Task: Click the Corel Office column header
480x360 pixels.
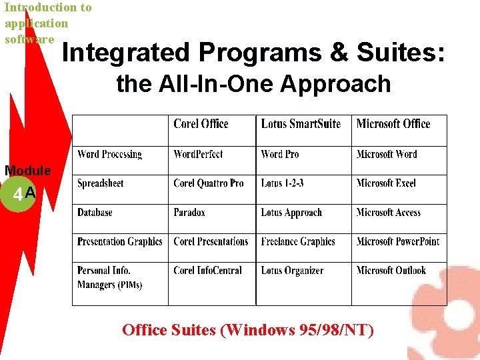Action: (201, 124)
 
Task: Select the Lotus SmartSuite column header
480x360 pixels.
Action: (301, 124)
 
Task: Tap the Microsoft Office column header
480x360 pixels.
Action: (393, 124)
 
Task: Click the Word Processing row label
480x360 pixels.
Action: (109, 155)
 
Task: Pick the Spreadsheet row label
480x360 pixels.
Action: (101, 183)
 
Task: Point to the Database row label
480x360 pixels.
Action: (95, 213)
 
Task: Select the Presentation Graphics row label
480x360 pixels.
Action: (120, 241)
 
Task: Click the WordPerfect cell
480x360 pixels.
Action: (198, 155)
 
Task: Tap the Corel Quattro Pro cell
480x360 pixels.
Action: (209, 183)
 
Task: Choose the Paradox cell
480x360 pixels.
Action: (189, 213)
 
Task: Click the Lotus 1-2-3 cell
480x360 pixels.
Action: (283, 183)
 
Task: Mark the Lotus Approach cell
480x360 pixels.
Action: (291, 213)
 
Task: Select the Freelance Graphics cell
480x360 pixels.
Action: (298, 241)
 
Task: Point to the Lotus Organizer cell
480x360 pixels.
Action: (292, 271)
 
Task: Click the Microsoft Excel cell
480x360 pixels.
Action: (386, 183)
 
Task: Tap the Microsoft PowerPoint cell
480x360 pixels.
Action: (398, 241)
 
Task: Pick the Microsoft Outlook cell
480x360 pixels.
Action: (391, 271)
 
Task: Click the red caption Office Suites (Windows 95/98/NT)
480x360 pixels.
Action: (248, 330)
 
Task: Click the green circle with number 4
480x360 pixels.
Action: (18, 195)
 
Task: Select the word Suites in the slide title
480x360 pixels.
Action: (407, 52)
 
